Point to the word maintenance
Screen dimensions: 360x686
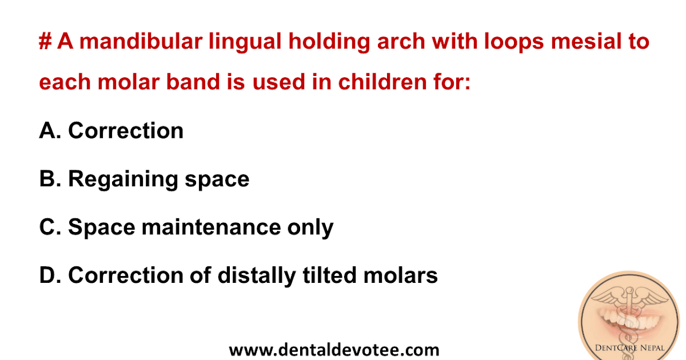coord(209,227)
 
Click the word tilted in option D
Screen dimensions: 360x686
coord(329,275)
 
